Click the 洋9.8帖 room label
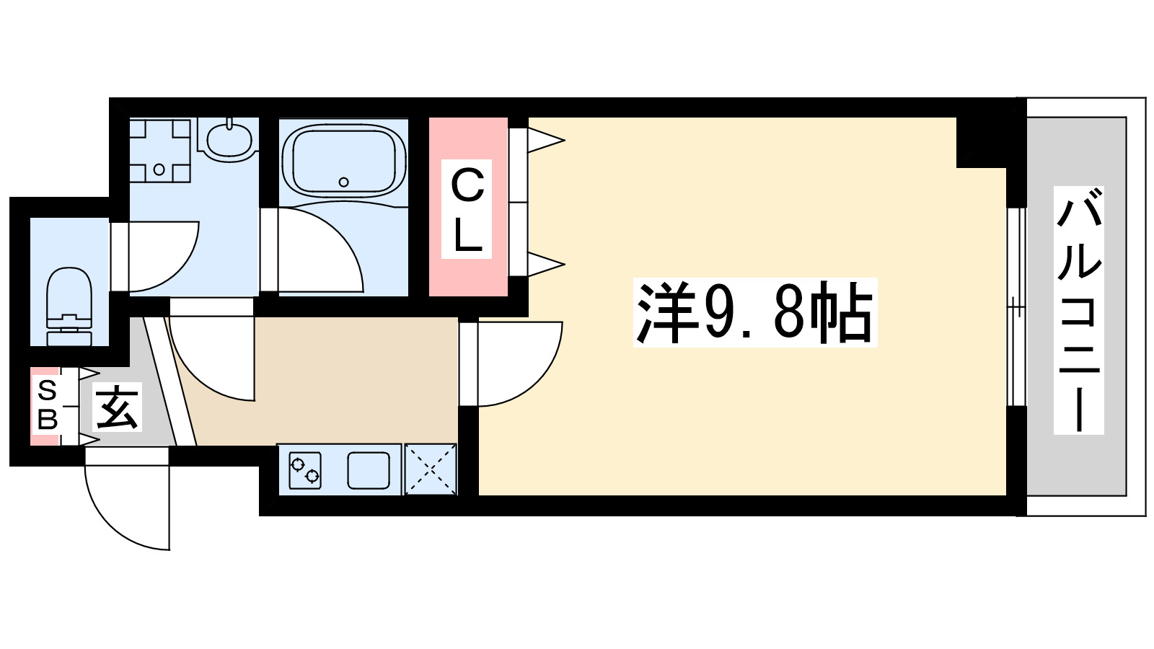pyautogui.click(x=754, y=312)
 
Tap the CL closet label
pyautogui.click(x=467, y=209)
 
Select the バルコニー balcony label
pyautogui.click(x=1078, y=310)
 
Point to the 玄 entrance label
pyautogui.click(x=118, y=408)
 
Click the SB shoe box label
pyautogui.click(x=47, y=405)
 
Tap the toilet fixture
pyautogui.click(x=69, y=306)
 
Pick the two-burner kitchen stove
pyautogui.click(x=304, y=469)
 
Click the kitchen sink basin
pyautogui.click(x=369, y=470)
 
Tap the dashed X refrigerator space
pyautogui.click(x=431, y=469)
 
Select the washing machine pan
pyautogui.click(x=159, y=150)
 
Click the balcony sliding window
pyautogui.click(x=1016, y=307)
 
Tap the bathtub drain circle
pyautogui.click(x=344, y=182)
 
